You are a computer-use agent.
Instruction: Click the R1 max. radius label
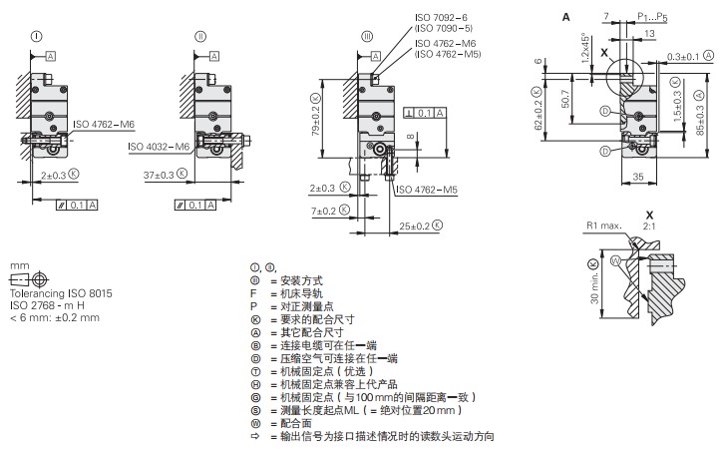(x=603, y=225)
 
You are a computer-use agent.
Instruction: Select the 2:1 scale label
(x=651, y=226)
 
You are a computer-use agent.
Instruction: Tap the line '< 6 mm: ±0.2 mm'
(x=54, y=318)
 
